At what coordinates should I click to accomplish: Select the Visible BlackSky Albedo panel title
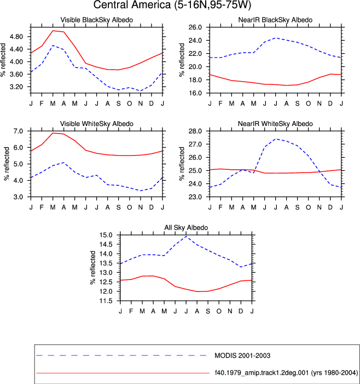tap(97, 20)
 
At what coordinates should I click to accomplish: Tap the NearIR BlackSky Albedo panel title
tap(275, 20)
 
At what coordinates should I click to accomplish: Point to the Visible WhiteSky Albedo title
tap(97, 124)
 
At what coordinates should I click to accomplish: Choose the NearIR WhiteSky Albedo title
tap(275, 124)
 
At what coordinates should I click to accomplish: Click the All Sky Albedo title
tap(186, 227)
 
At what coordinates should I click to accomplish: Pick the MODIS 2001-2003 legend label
tap(242, 356)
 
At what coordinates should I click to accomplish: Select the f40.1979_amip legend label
tap(286, 372)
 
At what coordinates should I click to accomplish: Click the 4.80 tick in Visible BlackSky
tap(16, 37)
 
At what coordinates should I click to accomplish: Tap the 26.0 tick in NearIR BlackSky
tap(195, 27)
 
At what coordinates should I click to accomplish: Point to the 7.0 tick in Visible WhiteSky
tap(19, 131)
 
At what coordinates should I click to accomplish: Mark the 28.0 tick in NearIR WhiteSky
tap(195, 131)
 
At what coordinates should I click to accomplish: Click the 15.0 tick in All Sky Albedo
tap(106, 235)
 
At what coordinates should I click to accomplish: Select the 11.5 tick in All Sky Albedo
tap(106, 301)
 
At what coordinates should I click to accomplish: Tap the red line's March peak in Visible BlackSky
tap(53, 31)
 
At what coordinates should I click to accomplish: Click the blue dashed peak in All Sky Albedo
tap(187, 236)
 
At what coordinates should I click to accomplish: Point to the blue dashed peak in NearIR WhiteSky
tap(276, 139)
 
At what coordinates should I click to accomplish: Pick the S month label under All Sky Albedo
tap(208, 311)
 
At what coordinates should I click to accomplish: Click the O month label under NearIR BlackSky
tap(308, 104)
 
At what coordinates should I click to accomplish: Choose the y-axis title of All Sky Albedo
tap(92, 268)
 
